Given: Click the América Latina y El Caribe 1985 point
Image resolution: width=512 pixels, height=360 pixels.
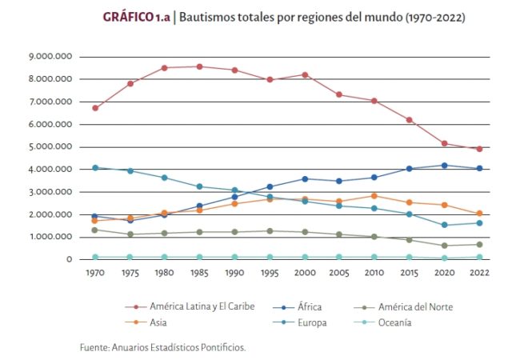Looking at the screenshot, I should pyautogui.click(x=199, y=66).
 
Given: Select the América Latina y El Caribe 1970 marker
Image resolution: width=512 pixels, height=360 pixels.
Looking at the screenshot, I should pyautogui.click(x=95, y=108).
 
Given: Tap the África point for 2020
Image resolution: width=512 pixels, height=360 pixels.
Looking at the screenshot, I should pyautogui.click(x=444, y=165).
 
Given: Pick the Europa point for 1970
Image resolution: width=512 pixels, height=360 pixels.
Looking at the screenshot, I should pyautogui.click(x=95, y=167).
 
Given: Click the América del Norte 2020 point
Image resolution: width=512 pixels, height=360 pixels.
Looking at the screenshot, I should pyautogui.click(x=444, y=246).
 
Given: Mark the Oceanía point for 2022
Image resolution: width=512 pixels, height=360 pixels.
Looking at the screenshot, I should pyautogui.click(x=479, y=257).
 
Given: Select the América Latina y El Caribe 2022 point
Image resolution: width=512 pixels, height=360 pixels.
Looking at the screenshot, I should pyautogui.click(x=479, y=149).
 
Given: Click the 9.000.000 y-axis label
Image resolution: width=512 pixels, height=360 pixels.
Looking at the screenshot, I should pyautogui.click(x=50, y=57).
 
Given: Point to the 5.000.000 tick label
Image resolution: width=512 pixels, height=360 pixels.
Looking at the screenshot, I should pyautogui.click(x=50, y=147).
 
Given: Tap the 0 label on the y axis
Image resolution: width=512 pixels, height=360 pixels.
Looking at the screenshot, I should pyautogui.click(x=69, y=259).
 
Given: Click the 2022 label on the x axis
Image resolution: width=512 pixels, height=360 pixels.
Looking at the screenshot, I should pyautogui.click(x=479, y=274).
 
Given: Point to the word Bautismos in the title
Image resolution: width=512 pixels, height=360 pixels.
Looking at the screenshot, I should pyautogui.click(x=206, y=16).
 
